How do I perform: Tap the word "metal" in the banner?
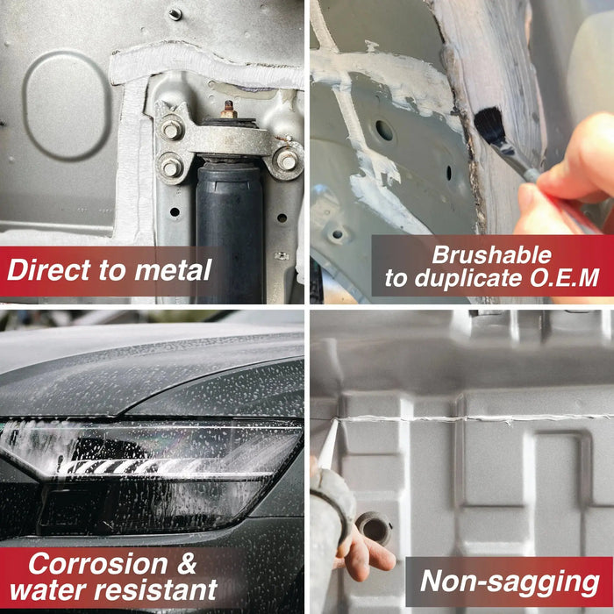tap(174, 270)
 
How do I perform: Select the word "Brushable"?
tap(492, 255)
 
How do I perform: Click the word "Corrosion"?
tap(98, 564)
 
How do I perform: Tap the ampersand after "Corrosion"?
tap(186, 564)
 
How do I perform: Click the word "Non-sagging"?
tap(510, 582)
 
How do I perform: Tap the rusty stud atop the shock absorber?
tap(228, 110)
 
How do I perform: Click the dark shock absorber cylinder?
tap(230, 231)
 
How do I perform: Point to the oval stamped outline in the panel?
tap(25, 106)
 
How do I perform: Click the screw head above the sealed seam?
tap(175, 14)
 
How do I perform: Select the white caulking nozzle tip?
tap(329, 445)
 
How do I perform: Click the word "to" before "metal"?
tap(113, 270)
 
